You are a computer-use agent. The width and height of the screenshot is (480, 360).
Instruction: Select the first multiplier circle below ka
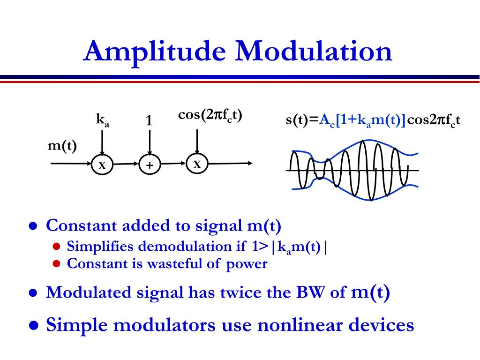tap(102, 165)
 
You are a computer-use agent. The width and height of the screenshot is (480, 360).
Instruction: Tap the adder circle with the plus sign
tap(150, 165)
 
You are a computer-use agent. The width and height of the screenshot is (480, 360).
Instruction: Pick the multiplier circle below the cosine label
tap(197, 164)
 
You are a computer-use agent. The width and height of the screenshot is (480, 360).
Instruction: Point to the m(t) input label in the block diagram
tap(62, 146)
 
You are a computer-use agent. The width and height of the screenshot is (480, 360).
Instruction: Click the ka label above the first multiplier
tap(102, 120)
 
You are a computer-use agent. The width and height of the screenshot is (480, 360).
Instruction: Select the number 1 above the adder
tap(149, 121)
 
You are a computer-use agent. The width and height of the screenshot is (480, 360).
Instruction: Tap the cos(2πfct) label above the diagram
tap(210, 115)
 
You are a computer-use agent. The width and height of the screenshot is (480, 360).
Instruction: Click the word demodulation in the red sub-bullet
tap(175, 247)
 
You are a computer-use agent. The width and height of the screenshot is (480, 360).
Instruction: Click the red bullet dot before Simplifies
tap(56, 247)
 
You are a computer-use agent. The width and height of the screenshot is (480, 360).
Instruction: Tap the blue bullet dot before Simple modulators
tap(34, 325)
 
